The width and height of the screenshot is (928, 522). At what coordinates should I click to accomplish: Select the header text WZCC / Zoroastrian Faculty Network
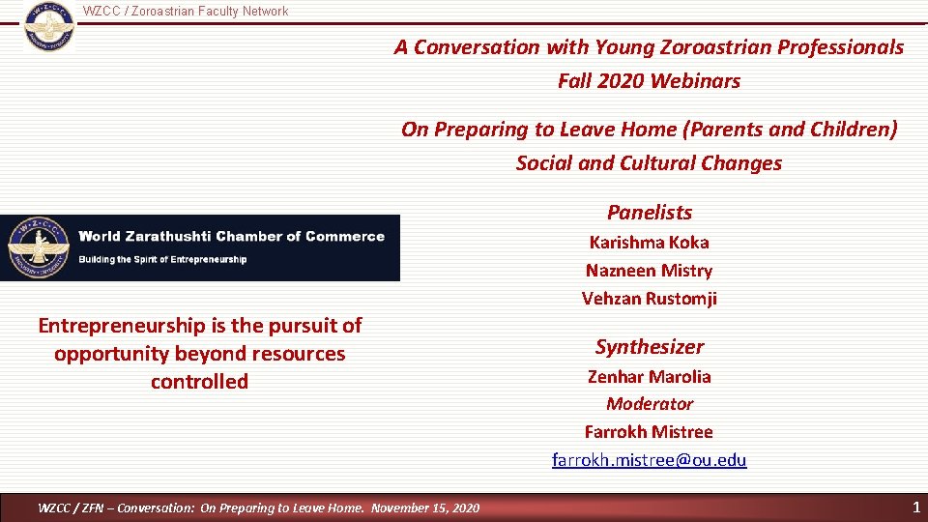pos(186,12)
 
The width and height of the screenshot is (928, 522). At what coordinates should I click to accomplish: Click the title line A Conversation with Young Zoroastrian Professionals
pos(649,46)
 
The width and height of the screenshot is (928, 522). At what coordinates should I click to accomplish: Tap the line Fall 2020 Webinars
pos(649,81)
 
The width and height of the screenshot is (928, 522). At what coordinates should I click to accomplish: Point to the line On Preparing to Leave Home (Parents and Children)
pos(649,130)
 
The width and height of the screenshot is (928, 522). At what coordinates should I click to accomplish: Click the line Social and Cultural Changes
pos(649,163)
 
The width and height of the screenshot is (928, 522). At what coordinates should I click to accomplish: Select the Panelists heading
pos(649,213)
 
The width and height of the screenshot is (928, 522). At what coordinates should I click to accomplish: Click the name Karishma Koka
pos(649,243)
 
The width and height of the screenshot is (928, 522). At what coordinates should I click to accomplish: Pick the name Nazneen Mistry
pos(649,271)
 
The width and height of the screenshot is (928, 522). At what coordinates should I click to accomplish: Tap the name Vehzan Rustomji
pos(649,299)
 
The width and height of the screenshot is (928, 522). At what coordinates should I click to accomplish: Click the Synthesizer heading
pos(649,347)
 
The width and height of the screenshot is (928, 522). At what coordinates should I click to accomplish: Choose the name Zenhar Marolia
pos(649,377)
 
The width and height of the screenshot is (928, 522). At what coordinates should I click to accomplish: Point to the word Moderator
pos(649,404)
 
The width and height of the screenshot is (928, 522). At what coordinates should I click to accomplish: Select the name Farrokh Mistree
pos(649,432)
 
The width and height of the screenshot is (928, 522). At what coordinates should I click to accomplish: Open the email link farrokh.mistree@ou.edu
pos(649,460)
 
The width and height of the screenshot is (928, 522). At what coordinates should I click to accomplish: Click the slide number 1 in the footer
pos(915,507)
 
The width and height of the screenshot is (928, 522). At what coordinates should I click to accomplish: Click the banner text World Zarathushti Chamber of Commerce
pos(231,237)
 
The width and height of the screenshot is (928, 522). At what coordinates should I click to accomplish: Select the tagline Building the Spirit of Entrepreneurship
pos(162,259)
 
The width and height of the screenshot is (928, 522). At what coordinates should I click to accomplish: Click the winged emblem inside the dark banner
pos(36,247)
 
